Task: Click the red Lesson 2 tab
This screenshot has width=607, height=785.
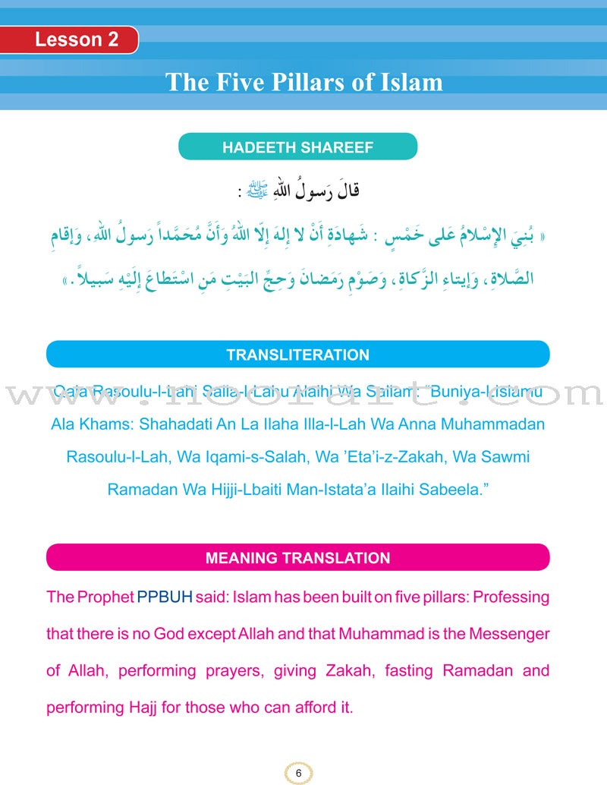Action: (76, 40)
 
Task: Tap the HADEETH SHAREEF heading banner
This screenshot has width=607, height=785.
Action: (297, 147)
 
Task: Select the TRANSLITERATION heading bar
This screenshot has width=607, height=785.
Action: (297, 355)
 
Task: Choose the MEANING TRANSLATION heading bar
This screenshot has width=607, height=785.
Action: (297, 558)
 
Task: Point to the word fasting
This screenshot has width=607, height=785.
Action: (410, 670)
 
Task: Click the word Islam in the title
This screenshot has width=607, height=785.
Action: (409, 81)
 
